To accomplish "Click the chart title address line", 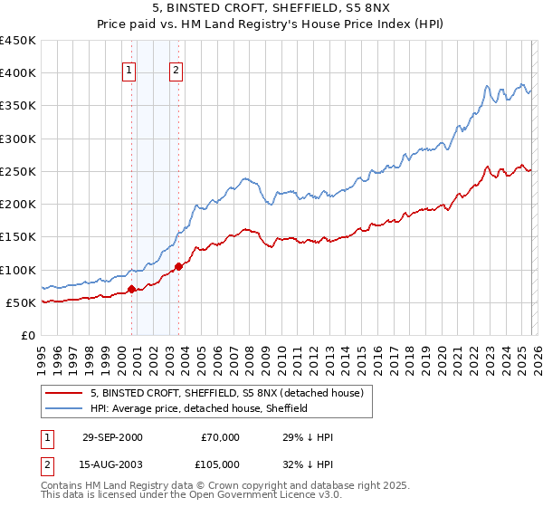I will pyautogui.click(x=271, y=10).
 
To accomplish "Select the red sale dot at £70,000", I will pyautogui.click(x=132, y=289).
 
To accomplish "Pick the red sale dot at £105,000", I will pyautogui.click(x=178, y=266).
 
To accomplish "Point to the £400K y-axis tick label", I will pyautogui.click(x=18, y=73).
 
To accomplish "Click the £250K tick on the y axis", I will pyautogui.click(x=18, y=171).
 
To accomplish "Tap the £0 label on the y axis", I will pyautogui.click(x=27, y=335).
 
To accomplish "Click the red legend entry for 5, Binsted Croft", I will pyautogui.click(x=226, y=393).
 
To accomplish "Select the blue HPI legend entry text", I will pyautogui.click(x=199, y=408).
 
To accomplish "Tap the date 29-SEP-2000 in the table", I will pyautogui.click(x=112, y=437).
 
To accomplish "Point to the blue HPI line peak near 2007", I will pyautogui.click(x=244, y=178).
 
